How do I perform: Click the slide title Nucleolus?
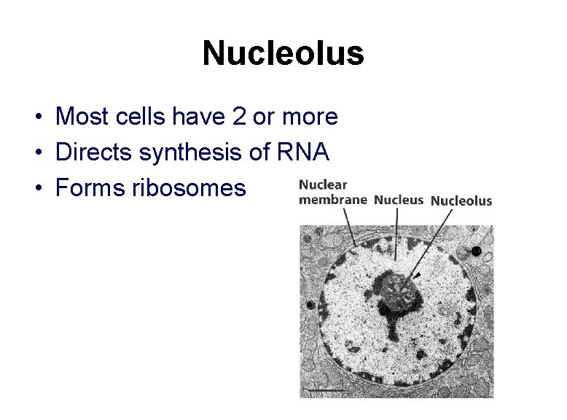click(x=283, y=53)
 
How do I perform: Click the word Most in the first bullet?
click(x=79, y=116)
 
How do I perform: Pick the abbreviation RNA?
click(x=304, y=152)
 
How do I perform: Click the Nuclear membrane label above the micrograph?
click(x=332, y=192)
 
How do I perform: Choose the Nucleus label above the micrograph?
click(x=398, y=200)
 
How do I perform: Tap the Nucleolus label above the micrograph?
click(x=461, y=201)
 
